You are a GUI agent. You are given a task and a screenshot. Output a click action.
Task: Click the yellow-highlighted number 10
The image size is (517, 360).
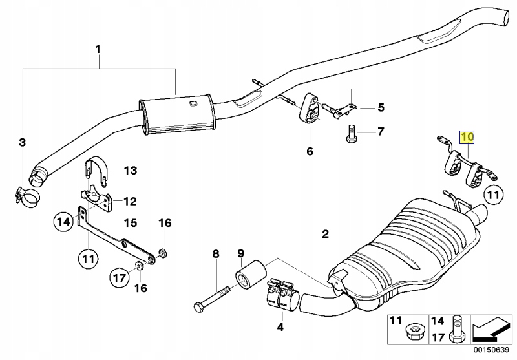467,137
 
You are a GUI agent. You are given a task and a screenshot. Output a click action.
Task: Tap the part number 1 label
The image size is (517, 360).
98,50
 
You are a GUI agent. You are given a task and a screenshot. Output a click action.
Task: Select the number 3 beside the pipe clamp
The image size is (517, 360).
22,143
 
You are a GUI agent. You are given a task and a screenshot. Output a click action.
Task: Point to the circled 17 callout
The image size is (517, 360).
120,278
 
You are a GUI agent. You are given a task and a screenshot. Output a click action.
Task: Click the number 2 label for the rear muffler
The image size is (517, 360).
326,234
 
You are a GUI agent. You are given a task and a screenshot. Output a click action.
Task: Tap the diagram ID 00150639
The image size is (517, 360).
492,350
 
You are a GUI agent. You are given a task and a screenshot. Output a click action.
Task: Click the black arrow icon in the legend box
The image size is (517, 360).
490,330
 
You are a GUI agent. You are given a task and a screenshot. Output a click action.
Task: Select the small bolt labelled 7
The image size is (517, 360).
351,134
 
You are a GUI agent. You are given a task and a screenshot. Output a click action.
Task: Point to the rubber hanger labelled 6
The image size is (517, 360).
310,109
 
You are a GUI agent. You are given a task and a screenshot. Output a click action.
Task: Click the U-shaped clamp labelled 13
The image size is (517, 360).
98,171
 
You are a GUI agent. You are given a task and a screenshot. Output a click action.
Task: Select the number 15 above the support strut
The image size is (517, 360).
131,223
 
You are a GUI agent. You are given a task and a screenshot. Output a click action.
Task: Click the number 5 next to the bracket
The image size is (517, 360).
381,107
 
